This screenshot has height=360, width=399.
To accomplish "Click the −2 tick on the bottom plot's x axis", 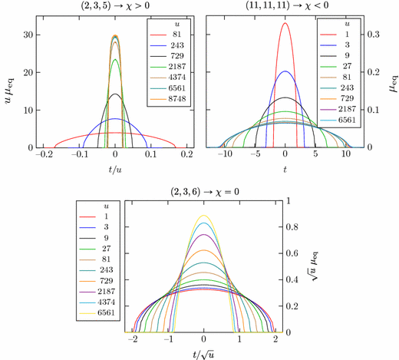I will (x=133, y=339).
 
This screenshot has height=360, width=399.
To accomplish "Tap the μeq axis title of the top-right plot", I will (x=389, y=80).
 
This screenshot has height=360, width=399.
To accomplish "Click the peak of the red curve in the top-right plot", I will (x=285, y=23).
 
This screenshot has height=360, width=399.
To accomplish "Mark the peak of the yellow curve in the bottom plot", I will (x=203, y=216).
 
